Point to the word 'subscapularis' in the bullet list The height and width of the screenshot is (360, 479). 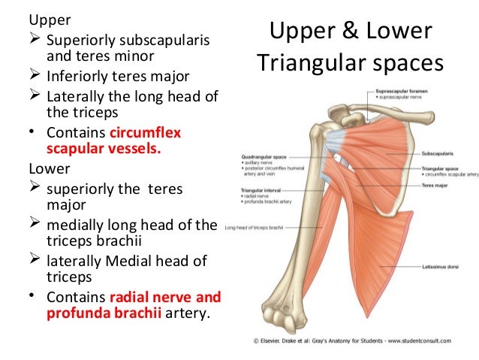tap(163, 39)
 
